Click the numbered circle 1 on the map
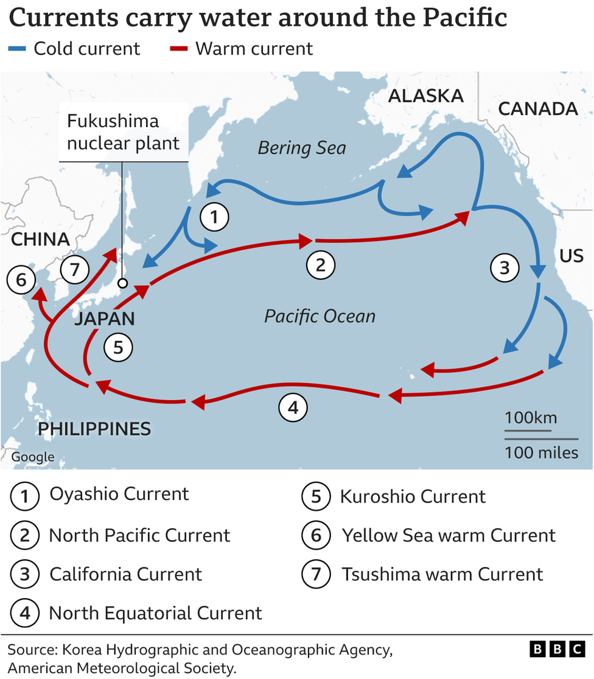pyautogui.click(x=214, y=217)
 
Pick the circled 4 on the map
pyautogui.click(x=293, y=408)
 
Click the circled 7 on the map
pyautogui.click(x=75, y=269)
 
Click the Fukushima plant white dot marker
pyautogui.click(x=123, y=283)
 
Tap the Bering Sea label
pyautogui.click(x=302, y=147)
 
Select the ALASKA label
pyautogui.click(x=425, y=96)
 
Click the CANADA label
pyautogui.click(x=537, y=108)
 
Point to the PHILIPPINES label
pyautogui.click(x=94, y=429)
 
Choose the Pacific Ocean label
pyautogui.click(x=320, y=316)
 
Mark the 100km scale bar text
pyautogui.click(x=530, y=418)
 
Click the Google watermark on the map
pyautogui.click(x=33, y=457)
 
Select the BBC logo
pyautogui.click(x=558, y=649)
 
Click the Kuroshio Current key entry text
pyautogui.click(x=413, y=496)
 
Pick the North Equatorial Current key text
pyautogui.click(x=155, y=613)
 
